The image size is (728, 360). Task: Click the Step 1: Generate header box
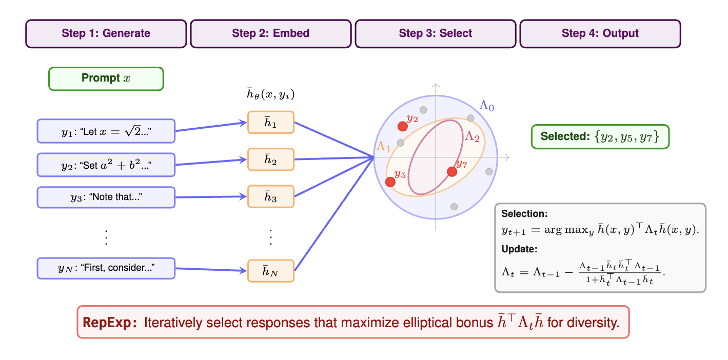coord(106,34)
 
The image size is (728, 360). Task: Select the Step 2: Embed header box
coord(270,34)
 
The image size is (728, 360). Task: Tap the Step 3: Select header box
coord(435,34)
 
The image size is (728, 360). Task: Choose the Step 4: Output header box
coord(600,34)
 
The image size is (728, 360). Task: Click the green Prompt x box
coord(106,79)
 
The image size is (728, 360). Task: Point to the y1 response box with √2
coord(106,131)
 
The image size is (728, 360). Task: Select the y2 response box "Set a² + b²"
coord(106,165)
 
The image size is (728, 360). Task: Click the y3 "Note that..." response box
coord(106,197)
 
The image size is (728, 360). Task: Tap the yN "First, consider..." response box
coord(106,268)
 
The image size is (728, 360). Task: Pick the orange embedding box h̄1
coord(270,123)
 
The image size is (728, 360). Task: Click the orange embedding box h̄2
coord(270,159)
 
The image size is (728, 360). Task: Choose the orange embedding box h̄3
coord(270,196)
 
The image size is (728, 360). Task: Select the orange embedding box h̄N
coord(270,271)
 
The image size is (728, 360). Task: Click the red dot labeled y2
coord(403,126)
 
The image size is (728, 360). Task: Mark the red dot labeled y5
coord(390,182)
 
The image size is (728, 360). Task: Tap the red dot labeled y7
coord(452,172)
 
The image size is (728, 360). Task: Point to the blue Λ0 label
coord(487,106)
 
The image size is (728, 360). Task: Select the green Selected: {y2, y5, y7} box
coord(600,137)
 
